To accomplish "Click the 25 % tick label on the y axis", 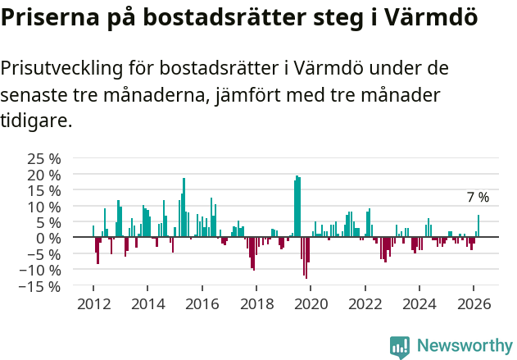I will (43, 158).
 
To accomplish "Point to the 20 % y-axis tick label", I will (43, 175).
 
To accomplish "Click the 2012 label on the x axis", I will (93, 303).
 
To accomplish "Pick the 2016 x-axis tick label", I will (202, 303).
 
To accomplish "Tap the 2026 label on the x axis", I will (474, 303).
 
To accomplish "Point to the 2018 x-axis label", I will (256, 303).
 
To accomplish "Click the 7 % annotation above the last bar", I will (478, 198).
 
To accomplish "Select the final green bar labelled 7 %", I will (478, 226).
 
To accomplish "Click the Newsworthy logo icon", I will (400, 346).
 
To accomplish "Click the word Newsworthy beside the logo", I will (464, 346).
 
